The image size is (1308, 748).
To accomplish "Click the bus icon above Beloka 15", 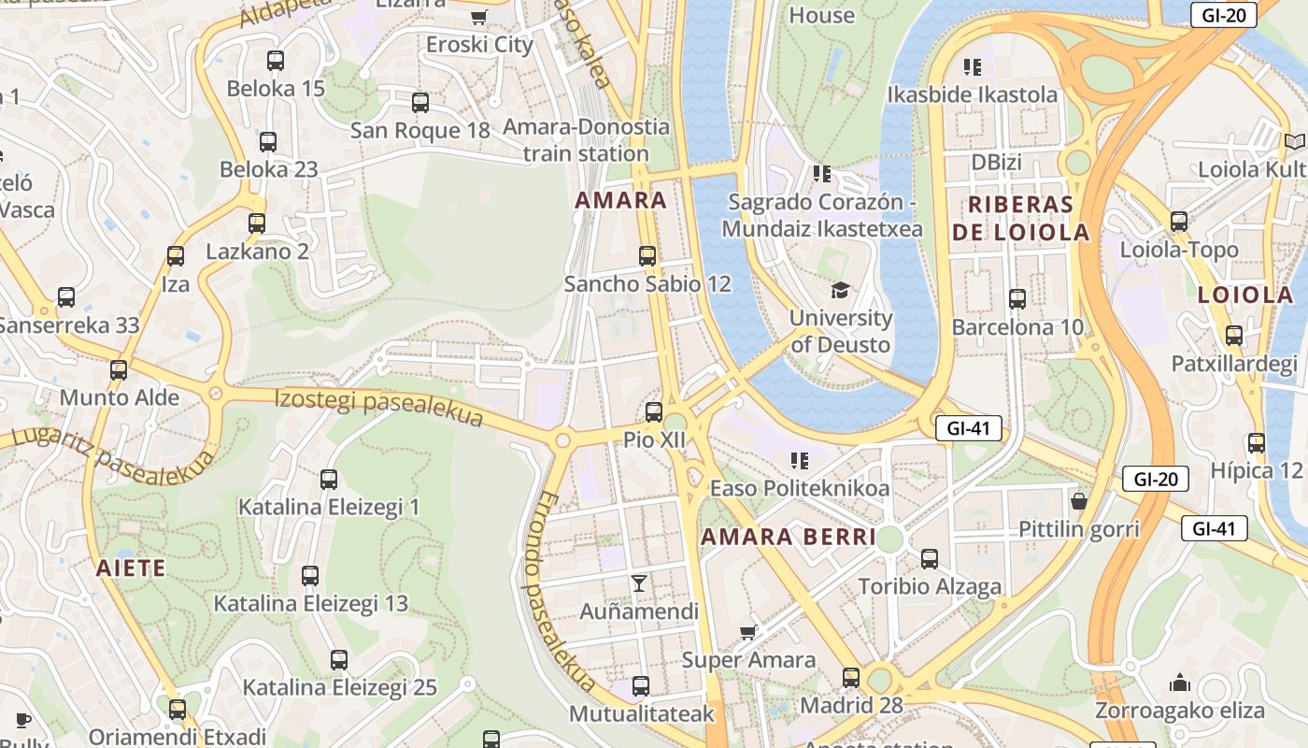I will [276, 61].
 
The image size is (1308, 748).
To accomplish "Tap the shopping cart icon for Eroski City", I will [479, 16].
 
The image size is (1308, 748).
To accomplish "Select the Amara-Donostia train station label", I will [586, 139].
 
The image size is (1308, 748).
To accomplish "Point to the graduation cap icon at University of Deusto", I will [841, 290].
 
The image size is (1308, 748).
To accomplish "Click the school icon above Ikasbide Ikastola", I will [973, 66].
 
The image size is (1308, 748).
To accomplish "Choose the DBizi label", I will [996, 162].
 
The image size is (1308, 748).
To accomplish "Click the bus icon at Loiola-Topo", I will [1179, 222].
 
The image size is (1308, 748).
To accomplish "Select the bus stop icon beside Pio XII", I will [654, 411].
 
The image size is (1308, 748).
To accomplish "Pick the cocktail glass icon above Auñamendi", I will [639, 583].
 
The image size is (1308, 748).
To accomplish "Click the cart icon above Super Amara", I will [748, 633].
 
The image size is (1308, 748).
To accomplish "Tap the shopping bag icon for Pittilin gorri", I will [1079, 501].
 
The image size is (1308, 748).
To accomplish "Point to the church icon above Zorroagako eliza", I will [1180, 683].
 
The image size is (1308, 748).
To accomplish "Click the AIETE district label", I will [131, 568].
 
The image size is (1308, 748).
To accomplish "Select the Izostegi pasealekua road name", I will [378, 408].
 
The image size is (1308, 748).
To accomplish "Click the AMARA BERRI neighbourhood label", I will [789, 537].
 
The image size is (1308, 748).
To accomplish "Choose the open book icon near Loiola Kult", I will [1294, 141].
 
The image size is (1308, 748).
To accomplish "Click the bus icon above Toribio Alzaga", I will [930, 559].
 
